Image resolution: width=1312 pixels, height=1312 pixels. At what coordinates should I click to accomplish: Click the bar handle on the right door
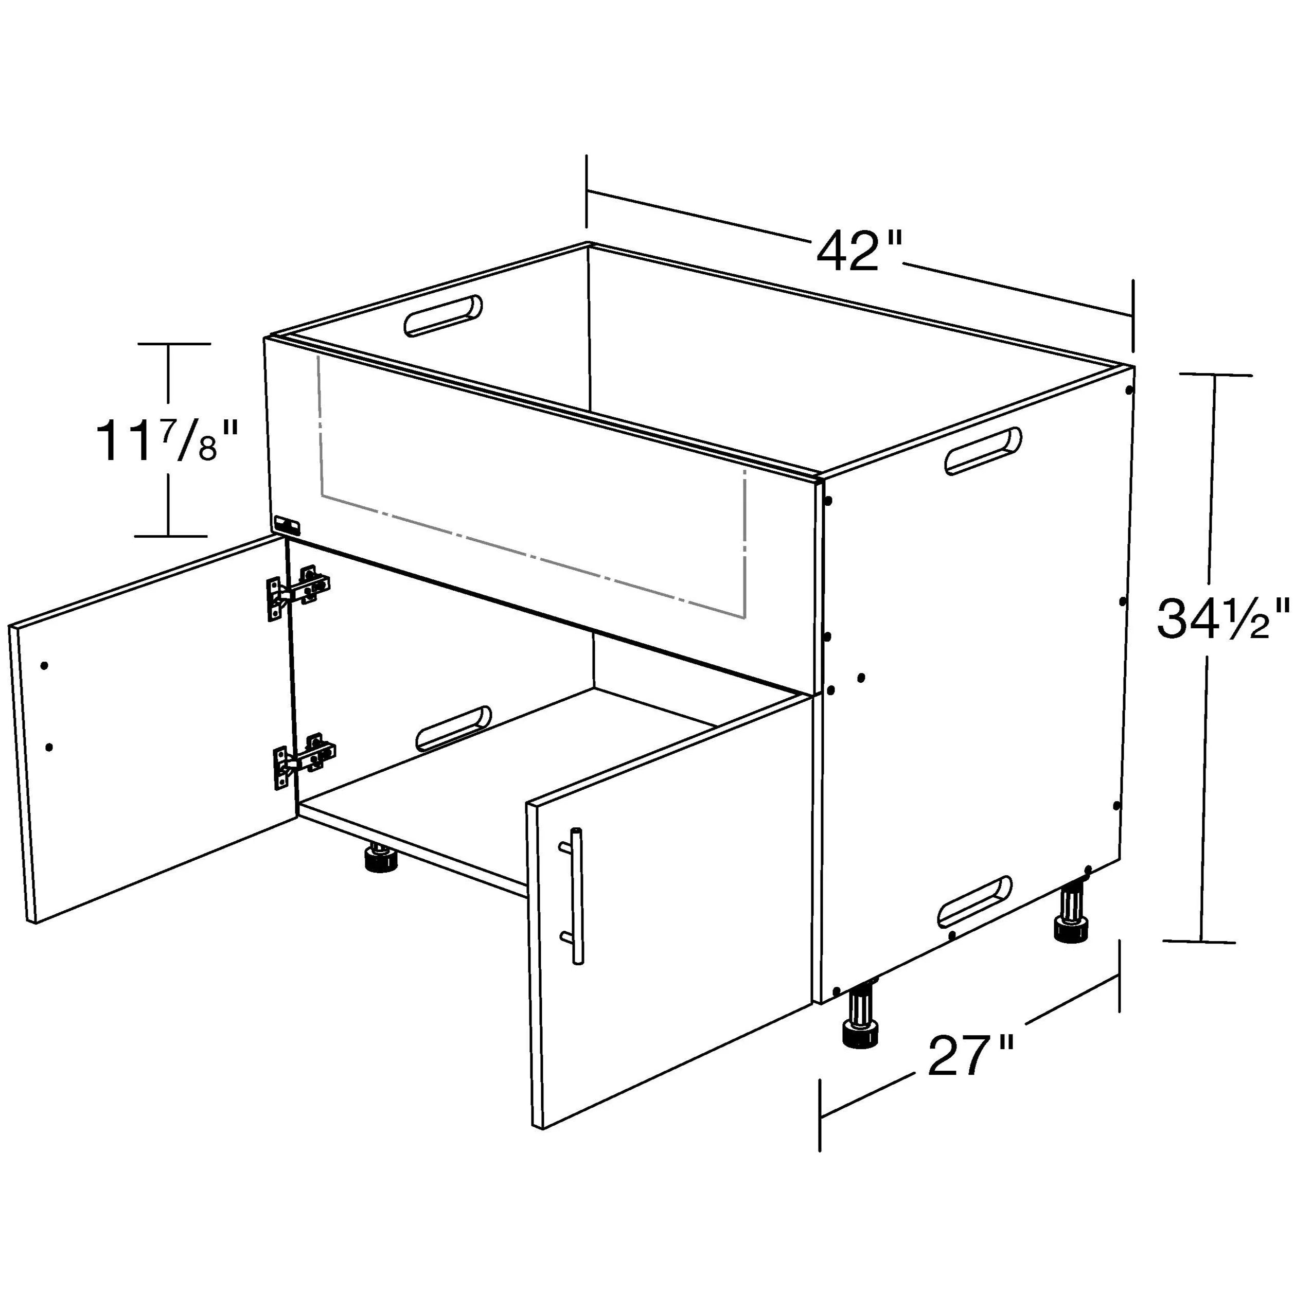click(x=576, y=895)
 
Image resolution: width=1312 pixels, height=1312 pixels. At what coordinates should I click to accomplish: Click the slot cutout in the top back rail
click(x=443, y=316)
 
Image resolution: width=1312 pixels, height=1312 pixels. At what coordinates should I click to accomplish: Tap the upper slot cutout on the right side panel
click(x=983, y=450)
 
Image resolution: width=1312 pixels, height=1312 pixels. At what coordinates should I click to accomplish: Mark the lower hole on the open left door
click(x=49, y=747)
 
